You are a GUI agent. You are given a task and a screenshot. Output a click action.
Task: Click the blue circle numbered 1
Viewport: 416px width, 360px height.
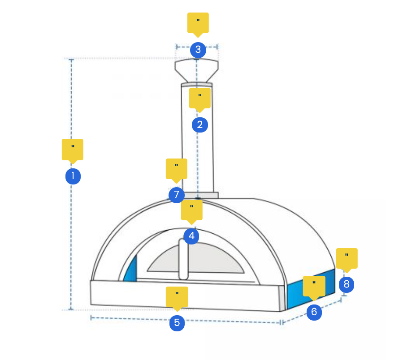(73, 176)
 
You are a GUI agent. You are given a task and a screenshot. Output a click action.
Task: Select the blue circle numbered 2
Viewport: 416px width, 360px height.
(199, 124)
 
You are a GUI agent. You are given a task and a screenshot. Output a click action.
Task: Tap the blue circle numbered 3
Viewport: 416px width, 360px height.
(198, 49)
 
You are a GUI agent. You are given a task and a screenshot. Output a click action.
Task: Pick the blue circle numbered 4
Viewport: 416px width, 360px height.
(191, 236)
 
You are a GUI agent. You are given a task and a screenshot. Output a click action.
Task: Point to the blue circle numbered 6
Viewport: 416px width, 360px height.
(314, 312)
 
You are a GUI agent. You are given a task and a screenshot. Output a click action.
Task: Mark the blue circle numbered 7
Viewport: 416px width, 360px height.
(176, 195)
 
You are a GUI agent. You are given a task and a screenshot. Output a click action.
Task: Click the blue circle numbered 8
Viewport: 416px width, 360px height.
(346, 284)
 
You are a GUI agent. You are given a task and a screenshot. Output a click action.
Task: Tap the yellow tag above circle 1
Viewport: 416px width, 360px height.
(73, 149)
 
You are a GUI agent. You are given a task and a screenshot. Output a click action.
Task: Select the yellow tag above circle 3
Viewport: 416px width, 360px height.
(198, 22)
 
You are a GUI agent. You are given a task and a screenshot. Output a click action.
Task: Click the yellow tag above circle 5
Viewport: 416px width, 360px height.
(177, 296)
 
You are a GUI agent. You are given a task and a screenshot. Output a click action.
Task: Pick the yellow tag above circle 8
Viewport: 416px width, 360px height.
(347, 258)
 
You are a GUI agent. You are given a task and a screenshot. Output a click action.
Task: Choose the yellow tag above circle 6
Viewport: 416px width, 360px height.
(314, 285)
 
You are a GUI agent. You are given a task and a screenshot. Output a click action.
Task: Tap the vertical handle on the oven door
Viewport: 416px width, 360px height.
(183, 260)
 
